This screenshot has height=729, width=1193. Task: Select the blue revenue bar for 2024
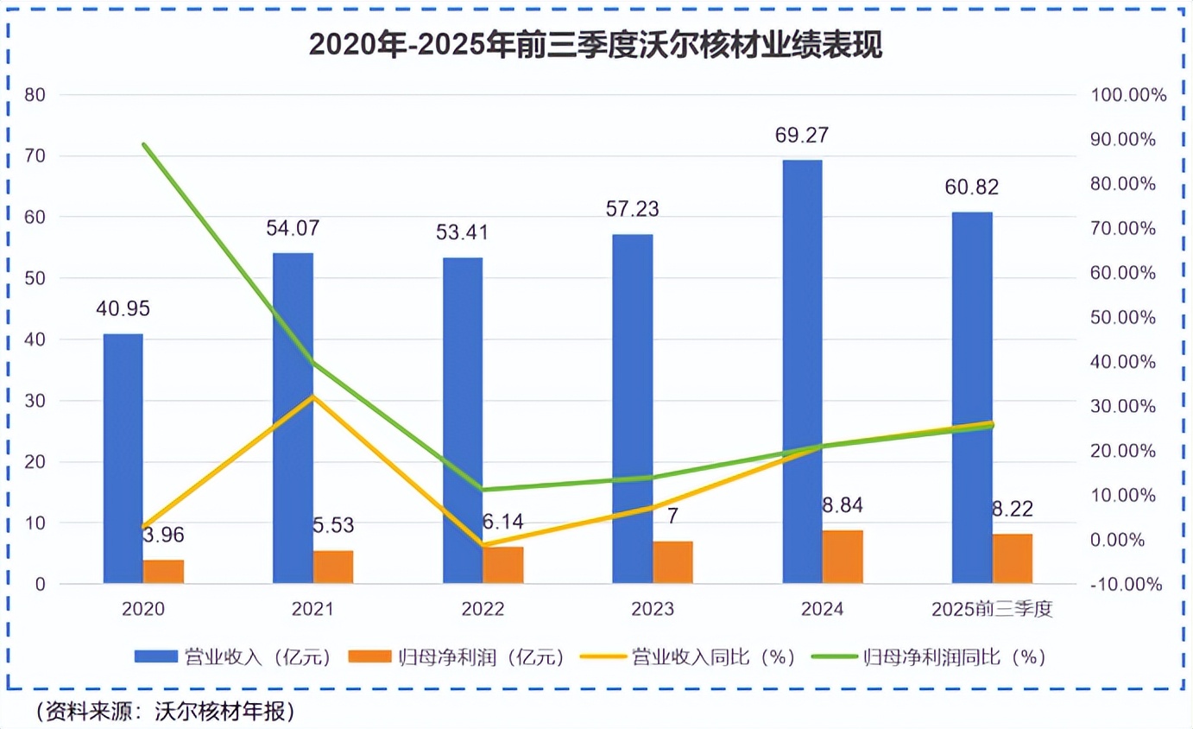[x=802, y=371]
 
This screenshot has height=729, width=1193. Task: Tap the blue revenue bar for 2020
[x=123, y=458]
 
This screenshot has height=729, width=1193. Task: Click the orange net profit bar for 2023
[x=672, y=562]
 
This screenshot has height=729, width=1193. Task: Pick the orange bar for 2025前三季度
[x=1012, y=558]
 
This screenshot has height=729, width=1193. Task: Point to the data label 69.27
[x=802, y=136]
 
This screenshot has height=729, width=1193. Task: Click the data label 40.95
[x=123, y=309]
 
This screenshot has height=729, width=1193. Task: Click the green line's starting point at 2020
[x=143, y=144]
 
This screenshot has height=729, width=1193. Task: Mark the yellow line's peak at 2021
[x=312, y=396]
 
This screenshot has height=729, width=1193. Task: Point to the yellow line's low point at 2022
[x=483, y=546]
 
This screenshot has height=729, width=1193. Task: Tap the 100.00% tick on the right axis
[x=1128, y=95]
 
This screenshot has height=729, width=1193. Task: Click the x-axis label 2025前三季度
[x=993, y=610]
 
